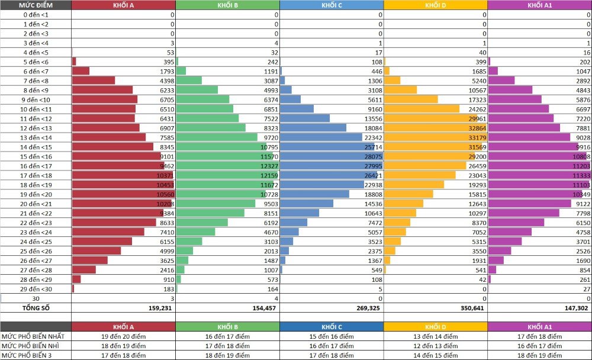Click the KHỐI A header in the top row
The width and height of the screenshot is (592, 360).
(x=123, y=5)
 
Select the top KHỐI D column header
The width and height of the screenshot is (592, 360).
(x=435, y=5)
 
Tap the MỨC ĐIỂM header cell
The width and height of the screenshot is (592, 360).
(x=36, y=5)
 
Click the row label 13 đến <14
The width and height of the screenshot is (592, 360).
(x=36, y=137)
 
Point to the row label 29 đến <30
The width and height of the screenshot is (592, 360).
(x=36, y=289)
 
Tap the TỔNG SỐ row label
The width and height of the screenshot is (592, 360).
(x=36, y=308)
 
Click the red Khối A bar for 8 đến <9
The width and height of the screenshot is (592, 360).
(x=102, y=90)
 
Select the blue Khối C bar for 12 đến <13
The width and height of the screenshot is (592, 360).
(x=313, y=128)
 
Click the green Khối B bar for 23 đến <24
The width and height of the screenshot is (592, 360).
(x=188, y=232)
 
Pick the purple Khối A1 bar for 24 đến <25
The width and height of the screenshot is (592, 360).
(x=504, y=242)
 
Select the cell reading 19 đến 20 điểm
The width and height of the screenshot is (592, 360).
(x=123, y=336)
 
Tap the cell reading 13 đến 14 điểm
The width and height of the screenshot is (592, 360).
(x=435, y=336)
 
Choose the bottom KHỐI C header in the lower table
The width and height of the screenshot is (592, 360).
(x=331, y=327)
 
